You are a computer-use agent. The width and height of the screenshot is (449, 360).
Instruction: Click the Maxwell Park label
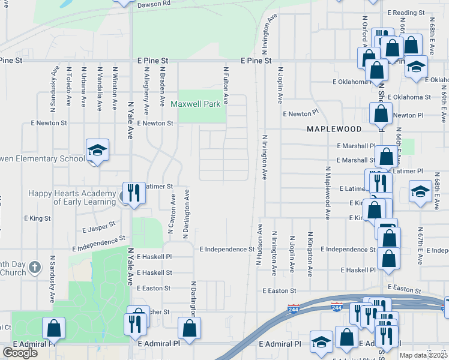point(196,104)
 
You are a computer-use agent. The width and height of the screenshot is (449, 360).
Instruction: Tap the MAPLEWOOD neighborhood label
point(334,129)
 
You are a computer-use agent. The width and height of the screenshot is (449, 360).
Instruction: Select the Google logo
point(20,353)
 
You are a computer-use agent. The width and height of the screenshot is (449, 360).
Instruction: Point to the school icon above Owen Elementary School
point(97,150)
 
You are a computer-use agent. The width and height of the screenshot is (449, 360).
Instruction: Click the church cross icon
point(35,266)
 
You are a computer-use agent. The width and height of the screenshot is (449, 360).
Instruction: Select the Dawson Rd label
point(154,4)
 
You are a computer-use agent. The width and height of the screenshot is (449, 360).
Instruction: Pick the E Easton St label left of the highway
point(280,290)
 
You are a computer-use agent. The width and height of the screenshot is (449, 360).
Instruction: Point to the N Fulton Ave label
point(226,83)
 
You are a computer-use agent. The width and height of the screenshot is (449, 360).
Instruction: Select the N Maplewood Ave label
point(328,192)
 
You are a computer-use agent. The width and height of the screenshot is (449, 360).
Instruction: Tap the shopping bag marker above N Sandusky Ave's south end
point(53,328)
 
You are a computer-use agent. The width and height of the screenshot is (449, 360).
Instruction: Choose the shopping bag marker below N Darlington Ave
point(190,328)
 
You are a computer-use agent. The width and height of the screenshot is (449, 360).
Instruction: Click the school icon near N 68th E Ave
point(420,192)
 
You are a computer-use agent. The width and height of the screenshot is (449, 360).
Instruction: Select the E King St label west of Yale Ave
point(37,218)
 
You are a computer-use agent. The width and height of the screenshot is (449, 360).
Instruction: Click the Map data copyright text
point(424,355)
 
